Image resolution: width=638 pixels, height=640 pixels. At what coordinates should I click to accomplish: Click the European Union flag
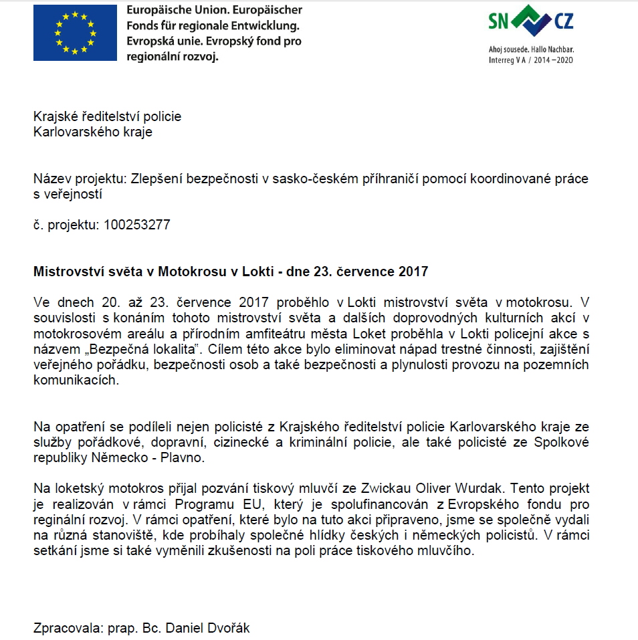pyautogui.click(x=74, y=33)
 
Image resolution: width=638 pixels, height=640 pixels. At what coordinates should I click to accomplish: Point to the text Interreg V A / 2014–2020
pyautogui.click(x=531, y=60)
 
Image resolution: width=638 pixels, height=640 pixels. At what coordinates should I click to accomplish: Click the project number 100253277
pyautogui.click(x=136, y=225)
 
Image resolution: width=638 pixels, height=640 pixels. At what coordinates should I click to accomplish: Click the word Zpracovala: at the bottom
pyautogui.click(x=66, y=628)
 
